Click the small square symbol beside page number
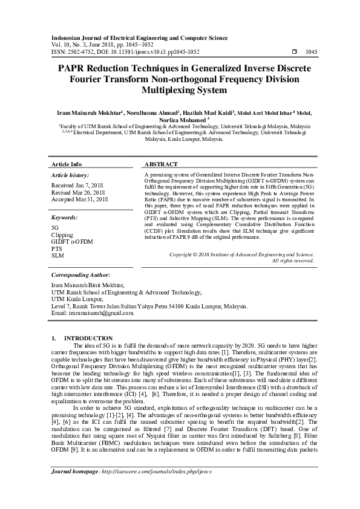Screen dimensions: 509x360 [x=295, y=52]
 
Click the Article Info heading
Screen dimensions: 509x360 [x=67, y=164]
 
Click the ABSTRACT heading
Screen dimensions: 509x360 [x=161, y=164]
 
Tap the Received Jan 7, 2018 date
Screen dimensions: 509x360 [x=78, y=185]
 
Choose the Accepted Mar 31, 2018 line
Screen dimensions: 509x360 [x=80, y=199]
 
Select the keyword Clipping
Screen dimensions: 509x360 [x=62, y=235]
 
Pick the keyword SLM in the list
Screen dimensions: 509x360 [x=57, y=256]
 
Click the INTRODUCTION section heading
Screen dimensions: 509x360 [x=88, y=338]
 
